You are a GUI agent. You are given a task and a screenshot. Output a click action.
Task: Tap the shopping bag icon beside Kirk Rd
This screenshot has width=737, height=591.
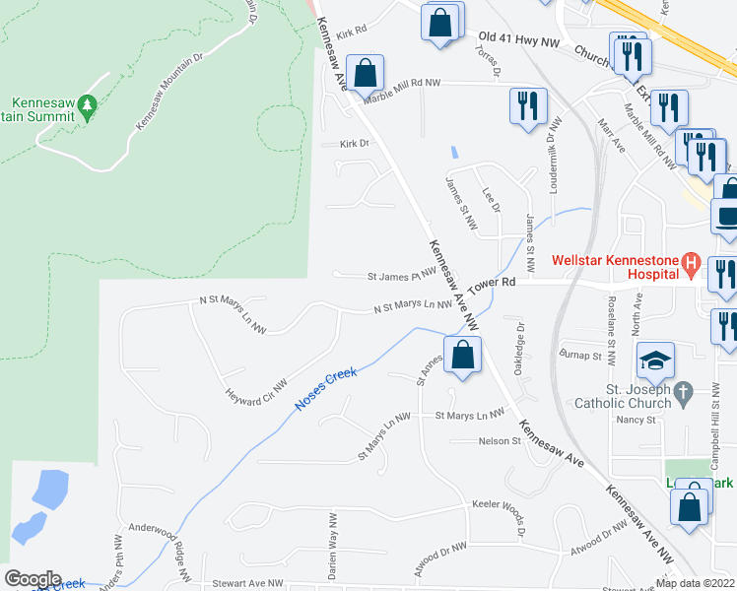(440, 22)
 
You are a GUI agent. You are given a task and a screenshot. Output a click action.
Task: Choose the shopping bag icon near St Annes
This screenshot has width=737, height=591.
(462, 355)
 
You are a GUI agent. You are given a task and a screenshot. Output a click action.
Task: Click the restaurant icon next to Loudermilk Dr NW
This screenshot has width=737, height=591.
(528, 104)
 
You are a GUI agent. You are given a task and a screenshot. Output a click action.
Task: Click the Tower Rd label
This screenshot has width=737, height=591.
(492, 283)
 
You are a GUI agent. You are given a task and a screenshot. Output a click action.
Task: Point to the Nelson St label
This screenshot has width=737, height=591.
(499, 441)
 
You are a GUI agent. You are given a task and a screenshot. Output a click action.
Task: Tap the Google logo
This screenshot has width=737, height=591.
(33, 579)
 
